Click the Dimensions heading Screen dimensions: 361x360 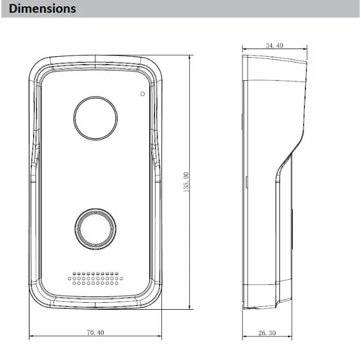(x=42, y=9)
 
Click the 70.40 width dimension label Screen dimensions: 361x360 (x=95, y=332)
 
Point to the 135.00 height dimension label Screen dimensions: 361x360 (x=186, y=182)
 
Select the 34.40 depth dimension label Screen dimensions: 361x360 (x=274, y=45)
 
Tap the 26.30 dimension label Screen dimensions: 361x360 (x=267, y=333)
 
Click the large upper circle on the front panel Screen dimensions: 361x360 (x=95, y=97)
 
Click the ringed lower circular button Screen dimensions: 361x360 (x=95, y=209)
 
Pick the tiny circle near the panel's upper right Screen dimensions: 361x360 (x=143, y=92)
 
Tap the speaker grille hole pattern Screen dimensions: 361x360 (x=95, y=279)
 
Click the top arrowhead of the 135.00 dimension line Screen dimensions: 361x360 (x=190, y=57)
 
